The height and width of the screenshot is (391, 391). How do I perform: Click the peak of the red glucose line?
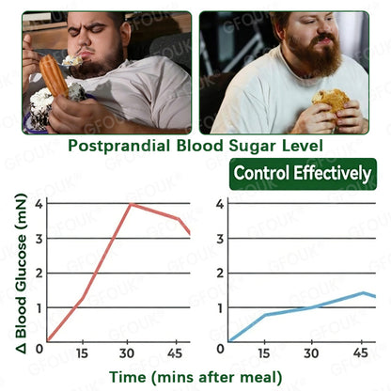click(x=131, y=204)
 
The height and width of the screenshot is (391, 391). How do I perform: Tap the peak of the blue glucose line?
click(x=363, y=293)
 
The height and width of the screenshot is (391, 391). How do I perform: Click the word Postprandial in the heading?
click(x=119, y=147)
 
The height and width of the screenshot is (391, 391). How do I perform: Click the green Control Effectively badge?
click(x=303, y=174)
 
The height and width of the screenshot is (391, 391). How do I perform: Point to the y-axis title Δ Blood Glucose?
click(x=22, y=274)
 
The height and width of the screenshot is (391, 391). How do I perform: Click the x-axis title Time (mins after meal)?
click(x=195, y=377)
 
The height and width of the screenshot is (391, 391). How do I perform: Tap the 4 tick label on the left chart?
click(x=39, y=204)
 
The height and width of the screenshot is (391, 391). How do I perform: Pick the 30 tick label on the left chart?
click(x=127, y=353)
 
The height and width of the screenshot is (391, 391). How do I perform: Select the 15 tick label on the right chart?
click(x=264, y=353)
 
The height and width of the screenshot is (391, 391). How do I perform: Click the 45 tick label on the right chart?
click(x=360, y=352)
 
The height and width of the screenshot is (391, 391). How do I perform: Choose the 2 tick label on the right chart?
click(x=220, y=274)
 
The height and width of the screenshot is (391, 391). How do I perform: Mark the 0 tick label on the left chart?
click(x=39, y=349)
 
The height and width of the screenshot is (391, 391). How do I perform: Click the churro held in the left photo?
click(x=54, y=76)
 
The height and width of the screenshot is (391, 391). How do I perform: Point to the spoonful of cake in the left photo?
click(x=72, y=60)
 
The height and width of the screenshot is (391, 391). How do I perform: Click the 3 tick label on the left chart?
click(x=39, y=239)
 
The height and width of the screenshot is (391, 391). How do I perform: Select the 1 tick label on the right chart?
click(x=220, y=308)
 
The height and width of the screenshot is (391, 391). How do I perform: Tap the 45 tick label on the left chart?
click(x=175, y=353)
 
